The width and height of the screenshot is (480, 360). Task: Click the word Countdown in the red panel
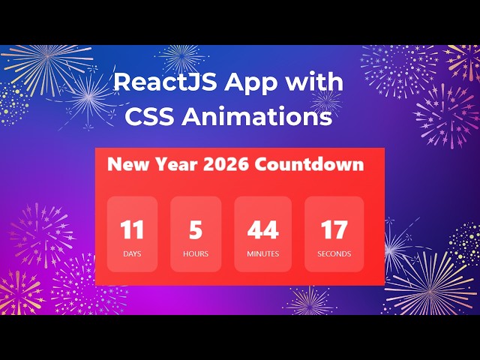tap(309, 164)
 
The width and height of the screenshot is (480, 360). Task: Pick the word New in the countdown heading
tap(124, 164)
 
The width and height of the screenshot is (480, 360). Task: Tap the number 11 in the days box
tap(132, 229)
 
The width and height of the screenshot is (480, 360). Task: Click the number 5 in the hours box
tap(196, 229)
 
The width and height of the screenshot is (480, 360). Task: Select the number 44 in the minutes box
tap(262, 229)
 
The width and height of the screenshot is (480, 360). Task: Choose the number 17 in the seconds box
tap(334, 229)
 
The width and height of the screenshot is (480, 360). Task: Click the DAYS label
tap(132, 254)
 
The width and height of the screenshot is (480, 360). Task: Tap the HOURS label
tap(196, 254)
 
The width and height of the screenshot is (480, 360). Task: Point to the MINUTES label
tap(262, 254)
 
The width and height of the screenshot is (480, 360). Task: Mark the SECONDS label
tap(334, 254)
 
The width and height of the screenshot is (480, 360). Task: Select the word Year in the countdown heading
tap(172, 164)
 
